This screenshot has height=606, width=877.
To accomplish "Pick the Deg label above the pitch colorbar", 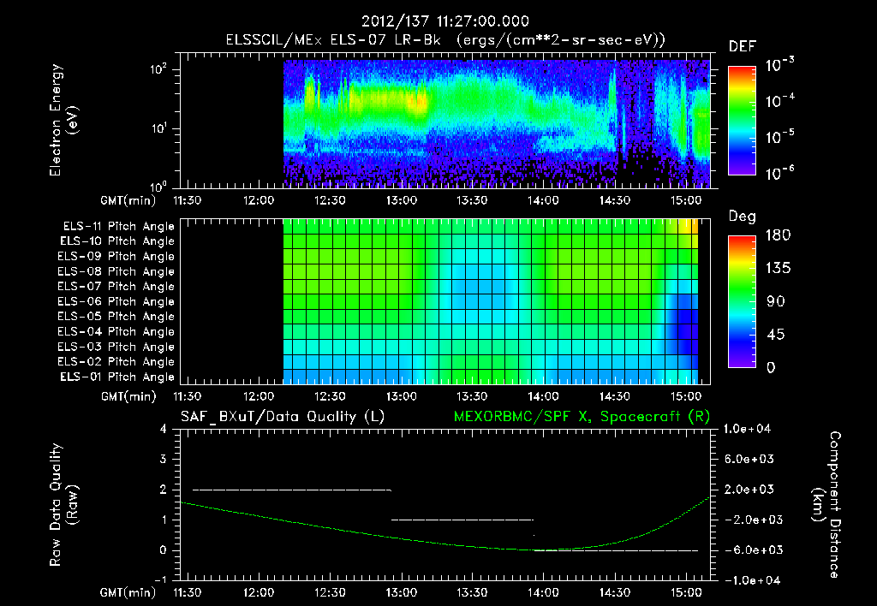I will click(741, 217).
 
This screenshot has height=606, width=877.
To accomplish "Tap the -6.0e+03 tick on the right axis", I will click(750, 550).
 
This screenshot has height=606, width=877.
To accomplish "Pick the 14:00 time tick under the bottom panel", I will click(544, 591).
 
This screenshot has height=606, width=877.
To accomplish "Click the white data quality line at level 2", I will click(291, 490).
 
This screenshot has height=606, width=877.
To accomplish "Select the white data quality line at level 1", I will click(462, 520).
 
